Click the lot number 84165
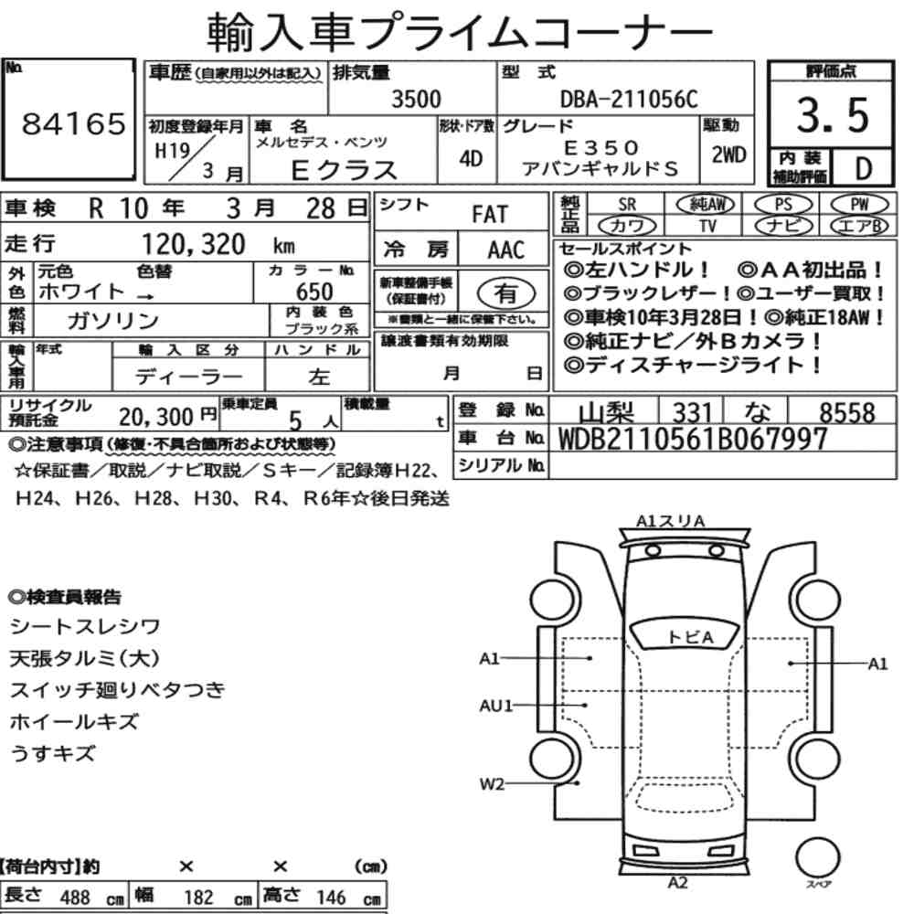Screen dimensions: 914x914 click(73, 123)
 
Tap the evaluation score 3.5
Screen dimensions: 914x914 click(833, 115)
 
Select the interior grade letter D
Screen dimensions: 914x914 click(863, 169)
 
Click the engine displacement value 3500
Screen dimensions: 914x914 click(416, 99)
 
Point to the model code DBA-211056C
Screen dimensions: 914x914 click(629, 99)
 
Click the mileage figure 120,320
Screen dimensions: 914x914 click(194, 245)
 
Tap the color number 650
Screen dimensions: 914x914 click(314, 292)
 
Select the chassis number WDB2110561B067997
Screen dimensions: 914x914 click(693, 440)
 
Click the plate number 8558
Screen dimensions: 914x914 click(847, 413)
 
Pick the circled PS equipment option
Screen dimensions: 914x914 click(783, 205)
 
